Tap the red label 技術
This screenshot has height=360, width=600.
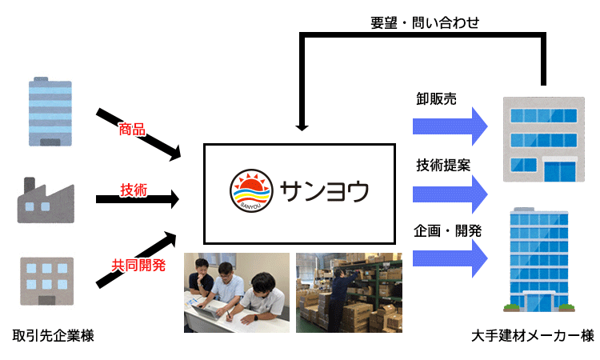[133, 190]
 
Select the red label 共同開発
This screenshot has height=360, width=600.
[138, 266]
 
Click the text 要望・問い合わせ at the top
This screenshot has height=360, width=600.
[425, 23]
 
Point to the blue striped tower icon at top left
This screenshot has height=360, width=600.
[50, 111]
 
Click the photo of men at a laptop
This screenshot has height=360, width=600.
[236, 292]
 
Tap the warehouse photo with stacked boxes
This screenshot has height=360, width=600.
[349, 292]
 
